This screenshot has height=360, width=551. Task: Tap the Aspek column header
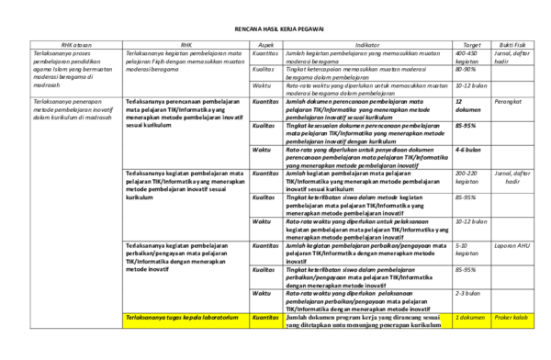[x=265, y=43]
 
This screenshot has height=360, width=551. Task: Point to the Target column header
[x=472, y=43]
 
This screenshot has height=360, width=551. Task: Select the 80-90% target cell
[x=467, y=69]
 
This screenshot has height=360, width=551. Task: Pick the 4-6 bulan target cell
[x=468, y=149]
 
